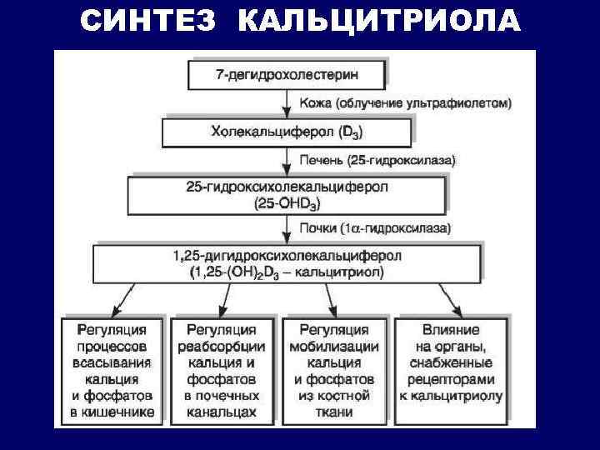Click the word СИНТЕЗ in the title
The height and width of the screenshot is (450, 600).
click(151, 22)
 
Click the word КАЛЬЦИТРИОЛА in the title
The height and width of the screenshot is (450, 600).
click(379, 22)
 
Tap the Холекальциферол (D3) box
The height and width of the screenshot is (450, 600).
click(287, 132)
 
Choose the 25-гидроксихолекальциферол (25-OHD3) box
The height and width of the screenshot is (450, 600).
click(288, 195)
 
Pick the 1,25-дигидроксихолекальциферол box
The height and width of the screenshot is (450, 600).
click(288, 262)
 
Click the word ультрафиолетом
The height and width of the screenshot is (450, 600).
click(464, 104)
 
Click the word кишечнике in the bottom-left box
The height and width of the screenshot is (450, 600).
click(112, 412)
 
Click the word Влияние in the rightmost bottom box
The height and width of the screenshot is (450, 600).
click(451, 330)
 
